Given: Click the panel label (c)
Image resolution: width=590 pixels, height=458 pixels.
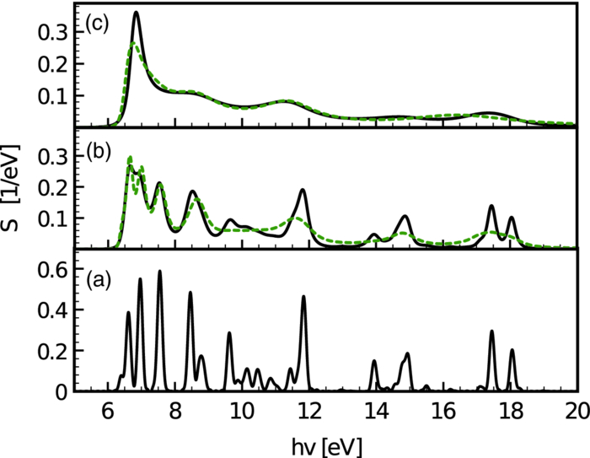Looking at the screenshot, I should [x=94, y=24].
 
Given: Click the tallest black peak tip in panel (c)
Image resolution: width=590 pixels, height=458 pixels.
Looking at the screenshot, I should [x=137, y=13].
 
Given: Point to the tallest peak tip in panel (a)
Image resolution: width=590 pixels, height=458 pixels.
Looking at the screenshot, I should [x=159, y=272].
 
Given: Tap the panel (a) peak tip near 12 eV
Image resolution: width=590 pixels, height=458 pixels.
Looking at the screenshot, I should [x=303, y=297].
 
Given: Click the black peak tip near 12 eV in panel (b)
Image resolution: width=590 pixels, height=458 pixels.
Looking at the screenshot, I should [x=303, y=190].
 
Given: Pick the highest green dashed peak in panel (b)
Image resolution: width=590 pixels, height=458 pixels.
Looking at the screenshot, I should [x=130, y=158].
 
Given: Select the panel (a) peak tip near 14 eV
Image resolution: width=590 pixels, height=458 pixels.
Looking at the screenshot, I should [x=374, y=361].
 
